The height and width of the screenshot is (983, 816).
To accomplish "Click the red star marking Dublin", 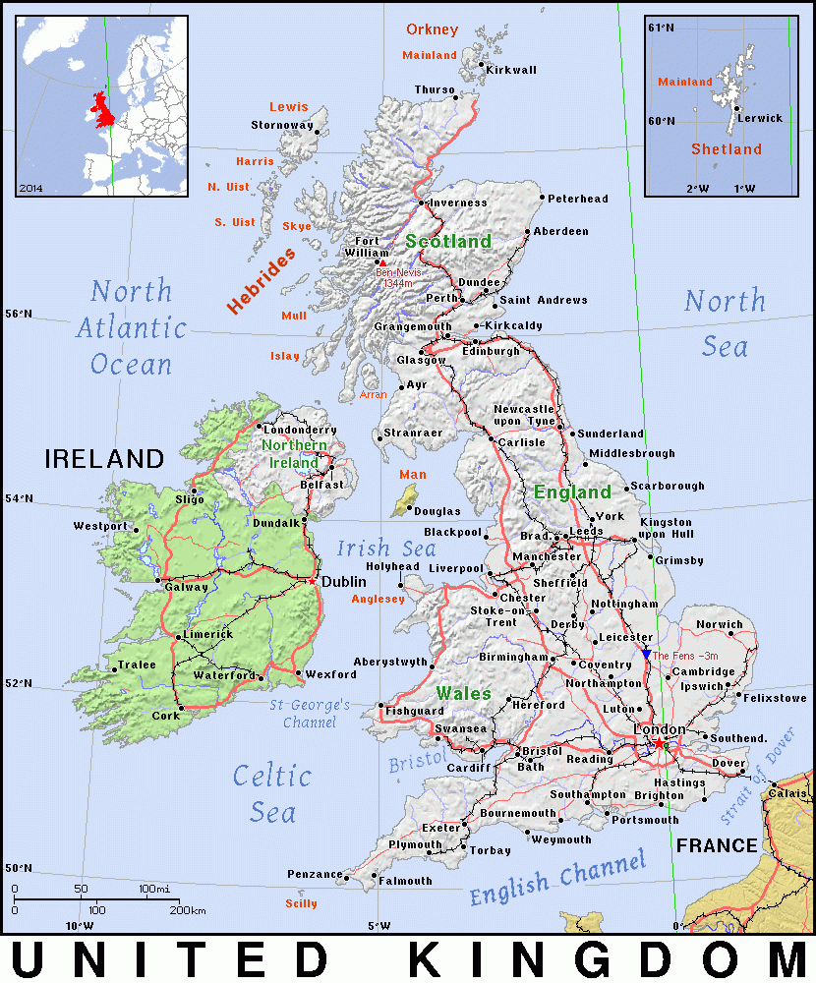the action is pyautogui.click(x=312, y=581).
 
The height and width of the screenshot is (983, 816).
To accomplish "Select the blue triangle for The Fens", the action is pyautogui.click(x=646, y=654).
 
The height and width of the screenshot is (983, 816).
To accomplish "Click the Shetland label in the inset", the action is pyautogui.click(x=726, y=149).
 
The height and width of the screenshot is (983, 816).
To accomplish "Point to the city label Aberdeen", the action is pyautogui.click(x=561, y=231).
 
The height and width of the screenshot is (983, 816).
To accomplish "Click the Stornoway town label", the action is pyautogui.click(x=281, y=125).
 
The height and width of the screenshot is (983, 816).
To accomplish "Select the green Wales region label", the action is pyautogui.click(x=463, y=693).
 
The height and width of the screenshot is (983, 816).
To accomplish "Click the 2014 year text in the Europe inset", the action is pyautogui.click(x=31, y=186).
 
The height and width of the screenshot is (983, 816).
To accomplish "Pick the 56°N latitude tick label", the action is pyautogui.click(x=20, y=315).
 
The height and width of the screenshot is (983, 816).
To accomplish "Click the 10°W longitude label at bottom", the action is pyautogui.click(x=79, y=926).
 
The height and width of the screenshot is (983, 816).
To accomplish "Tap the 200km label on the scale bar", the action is pyautogui.click(x=187, y=911).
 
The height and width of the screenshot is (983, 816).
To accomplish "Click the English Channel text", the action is pyautogui.click(x=556, y=877).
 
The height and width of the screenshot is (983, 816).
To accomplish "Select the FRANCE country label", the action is pyautogui.click(x=717, y=845).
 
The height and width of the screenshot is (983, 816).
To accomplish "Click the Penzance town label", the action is pyautogui.click(x=315, y=874).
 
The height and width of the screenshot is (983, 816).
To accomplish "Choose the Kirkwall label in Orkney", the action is pyautogui.click(x=511, y=70).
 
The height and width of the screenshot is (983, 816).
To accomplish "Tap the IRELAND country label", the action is pyautogui.click(x=103, y=458).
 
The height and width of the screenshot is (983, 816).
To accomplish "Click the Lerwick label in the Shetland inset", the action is pyautogui.click(x=760, y=118).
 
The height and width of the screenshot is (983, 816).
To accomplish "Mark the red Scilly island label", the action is pyautogui.click(x=301, y=903).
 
